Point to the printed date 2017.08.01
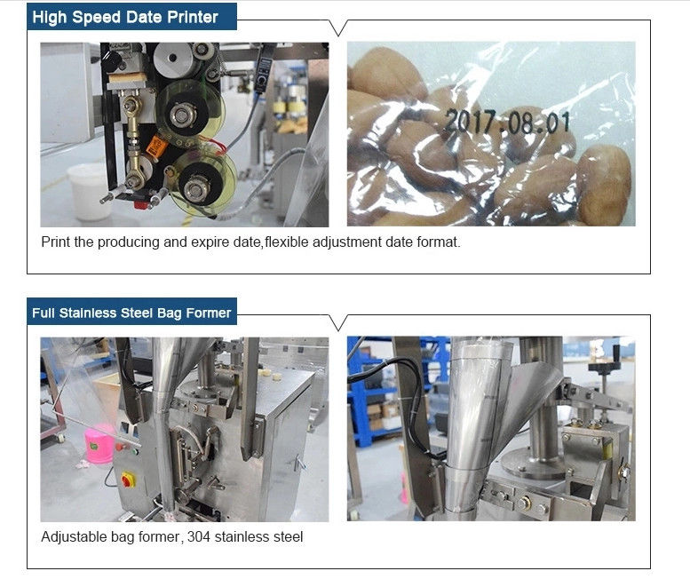click(507, 122)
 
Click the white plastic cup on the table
click(90, 192)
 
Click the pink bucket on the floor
click(99, 444)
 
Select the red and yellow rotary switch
click(128, 480)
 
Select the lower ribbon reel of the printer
click(201, 185)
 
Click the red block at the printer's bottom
click(141, 204)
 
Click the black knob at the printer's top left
click(112, 61)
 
